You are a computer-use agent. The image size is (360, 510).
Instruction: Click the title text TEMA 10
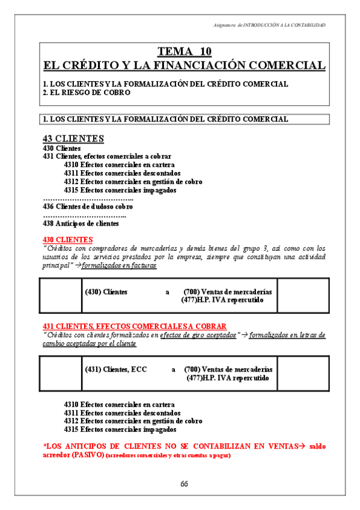tap(184, 51)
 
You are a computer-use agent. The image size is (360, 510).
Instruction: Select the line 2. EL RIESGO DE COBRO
tap(87, 93)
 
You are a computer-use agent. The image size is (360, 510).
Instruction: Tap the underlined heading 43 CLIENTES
tap(73, 139)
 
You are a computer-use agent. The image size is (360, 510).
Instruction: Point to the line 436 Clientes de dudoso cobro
tap(88, 206)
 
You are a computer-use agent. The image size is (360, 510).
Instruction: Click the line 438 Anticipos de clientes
tap(81, 223)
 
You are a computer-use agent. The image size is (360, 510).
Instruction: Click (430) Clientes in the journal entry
tap(106, 292)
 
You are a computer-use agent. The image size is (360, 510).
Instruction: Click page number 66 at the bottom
tap(185, 484)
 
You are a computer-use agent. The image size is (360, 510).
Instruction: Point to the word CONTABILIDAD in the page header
tap(308, 25)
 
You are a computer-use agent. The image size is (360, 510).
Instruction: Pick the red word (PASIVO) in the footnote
tap(86, 455)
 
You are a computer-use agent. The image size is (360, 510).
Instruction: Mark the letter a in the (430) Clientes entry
tap(168, 292)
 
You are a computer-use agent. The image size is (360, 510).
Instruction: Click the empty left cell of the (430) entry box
tap(59, 296)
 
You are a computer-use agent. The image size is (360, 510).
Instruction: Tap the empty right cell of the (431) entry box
tap(303, 373)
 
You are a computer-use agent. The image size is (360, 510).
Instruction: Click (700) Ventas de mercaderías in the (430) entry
tap(228, 292)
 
